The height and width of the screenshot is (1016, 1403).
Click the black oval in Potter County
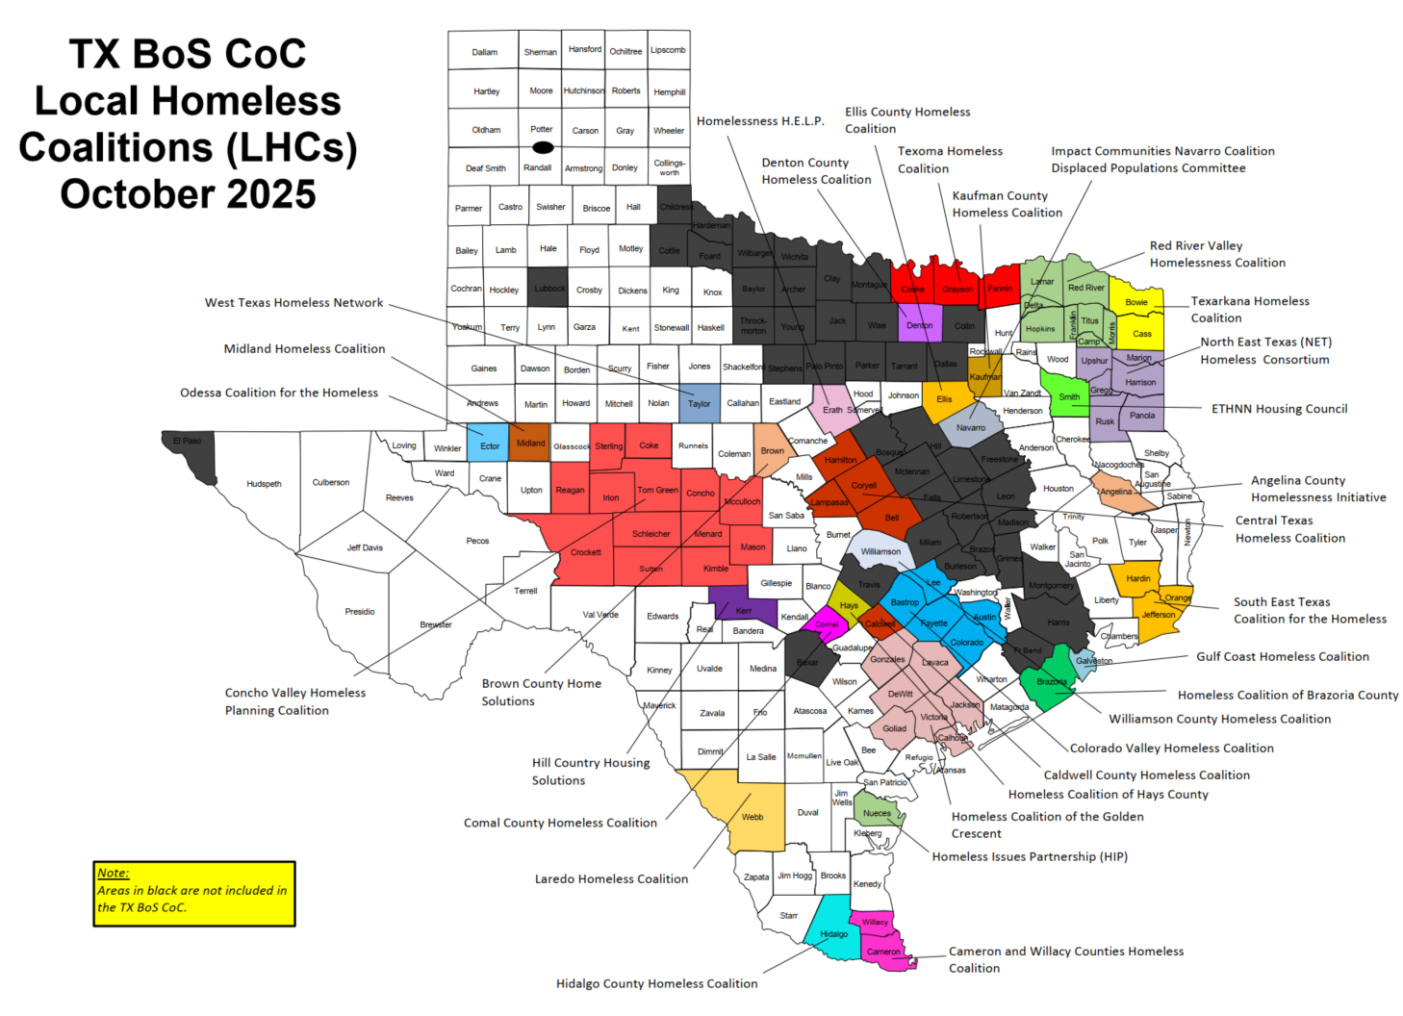pyautogui.click(x=543, y=147)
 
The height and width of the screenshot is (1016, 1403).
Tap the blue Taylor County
pyautogui.click(x=700, y=403)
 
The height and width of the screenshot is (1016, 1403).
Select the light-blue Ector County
pyautogui.click(x=489, y=444)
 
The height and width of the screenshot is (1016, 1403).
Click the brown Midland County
pyautogui.click(x=529, y=442)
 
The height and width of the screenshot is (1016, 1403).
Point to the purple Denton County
pyautogui.click(x=919, y=324)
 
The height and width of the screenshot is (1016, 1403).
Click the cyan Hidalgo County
pyautogui.click(x=833, y=934)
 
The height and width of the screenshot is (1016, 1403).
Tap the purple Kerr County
pyautogui.click(x=744, y=610)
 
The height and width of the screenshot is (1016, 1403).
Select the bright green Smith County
pyautogui.click(x=1068, y=397)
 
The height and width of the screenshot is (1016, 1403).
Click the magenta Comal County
pyautogui.click(x=827, y=623)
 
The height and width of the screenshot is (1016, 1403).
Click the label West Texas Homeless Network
pyautogui.click(x=293, y=303)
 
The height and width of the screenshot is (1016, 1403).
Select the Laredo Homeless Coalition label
pyautogui.click(x=611, y=879)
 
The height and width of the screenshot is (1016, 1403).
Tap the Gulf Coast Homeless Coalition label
pyautogui.click(x=1282, y=657)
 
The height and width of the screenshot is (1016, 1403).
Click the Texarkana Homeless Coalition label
pyautogui.click(x=1249, y=310)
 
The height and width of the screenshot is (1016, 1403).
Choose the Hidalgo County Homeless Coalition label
pyautogui.click(x=656, y=984)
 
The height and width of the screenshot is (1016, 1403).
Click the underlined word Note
pyautogui.click(x=113, y=874)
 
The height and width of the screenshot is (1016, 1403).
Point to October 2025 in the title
pyautogui.click(x=188, y=194)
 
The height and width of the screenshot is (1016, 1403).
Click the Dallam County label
pyautogui.click(x=484, y=52)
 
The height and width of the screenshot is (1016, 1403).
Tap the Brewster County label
pyautogui.click(x=435, y=625)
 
